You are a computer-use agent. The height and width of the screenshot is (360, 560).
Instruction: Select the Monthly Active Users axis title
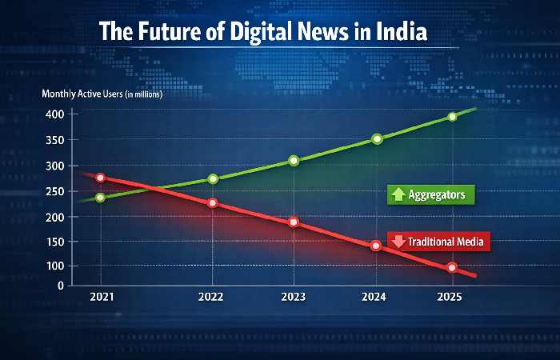coord(102,94)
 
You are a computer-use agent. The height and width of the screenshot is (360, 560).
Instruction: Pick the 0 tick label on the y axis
coord(59,285)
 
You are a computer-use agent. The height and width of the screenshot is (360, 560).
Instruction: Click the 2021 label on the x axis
coord(101,297)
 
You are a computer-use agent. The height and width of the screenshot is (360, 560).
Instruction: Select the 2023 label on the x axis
coord(293,297)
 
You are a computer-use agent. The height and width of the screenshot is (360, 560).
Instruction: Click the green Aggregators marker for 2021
coord(100,197)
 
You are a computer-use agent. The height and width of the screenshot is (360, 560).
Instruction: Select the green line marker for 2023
coord(294,161)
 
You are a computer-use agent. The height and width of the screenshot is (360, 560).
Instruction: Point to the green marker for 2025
coord(452,117)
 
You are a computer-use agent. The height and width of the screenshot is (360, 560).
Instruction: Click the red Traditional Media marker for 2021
coord(100,178)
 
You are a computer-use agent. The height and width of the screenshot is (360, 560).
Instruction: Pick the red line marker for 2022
coord(212,203)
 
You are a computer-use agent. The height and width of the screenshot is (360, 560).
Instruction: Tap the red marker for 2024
coord(375,246)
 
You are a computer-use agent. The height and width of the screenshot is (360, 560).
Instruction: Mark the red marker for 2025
coord(452,267)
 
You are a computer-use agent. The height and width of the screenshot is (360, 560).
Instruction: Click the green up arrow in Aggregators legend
coord(398,194)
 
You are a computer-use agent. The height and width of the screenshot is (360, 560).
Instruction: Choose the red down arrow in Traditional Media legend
coord(398,240)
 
